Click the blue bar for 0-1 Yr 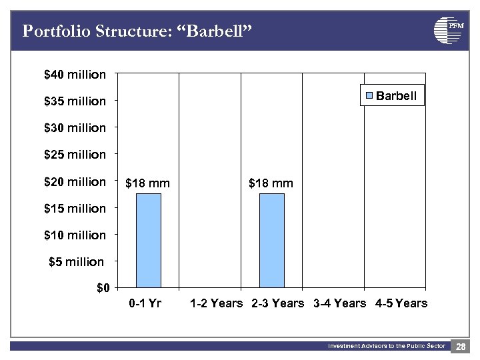[148, 241]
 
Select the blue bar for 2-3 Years [271, 241]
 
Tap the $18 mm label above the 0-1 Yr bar [147, 183]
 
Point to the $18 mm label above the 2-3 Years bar [271, 183]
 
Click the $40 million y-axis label [75, 75]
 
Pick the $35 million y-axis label [75, 101]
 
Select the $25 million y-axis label [75, 155]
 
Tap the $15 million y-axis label [75, 209]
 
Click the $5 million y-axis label [77, 262]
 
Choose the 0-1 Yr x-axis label [145, 303]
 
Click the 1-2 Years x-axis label [216, 303]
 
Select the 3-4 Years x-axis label [339, 303]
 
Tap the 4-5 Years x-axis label [401, 303]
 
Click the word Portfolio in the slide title [52, 31]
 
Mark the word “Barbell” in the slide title [217, 31]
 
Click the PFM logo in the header [448, 30]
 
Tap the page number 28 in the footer [461, 347]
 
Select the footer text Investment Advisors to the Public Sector [386, 346]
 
